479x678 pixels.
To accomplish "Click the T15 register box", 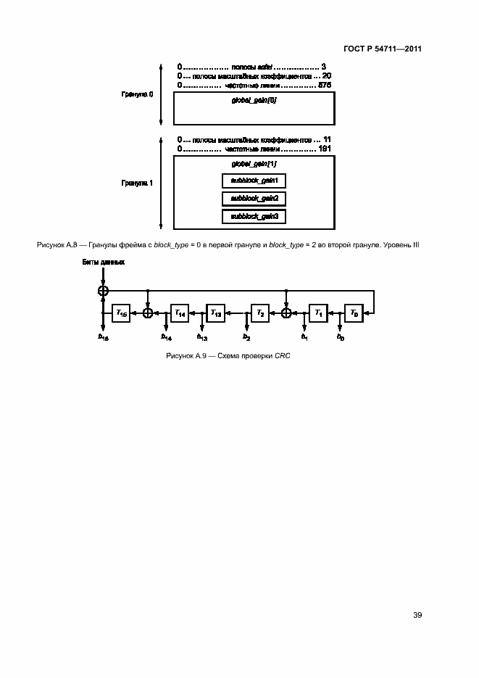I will click(120, 313).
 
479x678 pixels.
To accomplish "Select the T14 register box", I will click(179, 313).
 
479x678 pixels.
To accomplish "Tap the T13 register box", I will click(215, 313).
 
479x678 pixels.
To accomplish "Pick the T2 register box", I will click(260, 313).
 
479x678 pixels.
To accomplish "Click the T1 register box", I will click(317, 313).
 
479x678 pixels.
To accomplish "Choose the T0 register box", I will click(354, 313).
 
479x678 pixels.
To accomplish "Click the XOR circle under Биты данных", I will click(103, 291).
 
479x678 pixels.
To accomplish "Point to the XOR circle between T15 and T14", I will click(148, 313).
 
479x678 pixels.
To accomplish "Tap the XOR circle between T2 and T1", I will click(286, 313).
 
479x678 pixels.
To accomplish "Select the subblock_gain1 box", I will click(254, 181).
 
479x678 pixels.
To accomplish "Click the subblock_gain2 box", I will click(254, 198).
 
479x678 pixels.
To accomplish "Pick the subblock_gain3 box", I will click(254, 216).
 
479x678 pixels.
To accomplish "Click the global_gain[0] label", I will click(254, 102).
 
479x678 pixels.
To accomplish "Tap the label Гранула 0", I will click(137, 94).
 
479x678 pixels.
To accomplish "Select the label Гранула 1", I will click(137, 183).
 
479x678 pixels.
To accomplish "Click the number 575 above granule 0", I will click(325, 85).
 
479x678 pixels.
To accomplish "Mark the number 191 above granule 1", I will click(325, 149).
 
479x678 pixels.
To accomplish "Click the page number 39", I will click(417, 616).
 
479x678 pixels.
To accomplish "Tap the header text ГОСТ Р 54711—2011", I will click(384, 49).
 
